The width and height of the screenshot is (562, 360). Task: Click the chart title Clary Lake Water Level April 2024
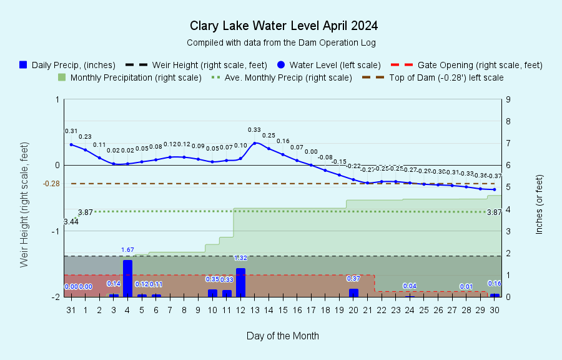[283, 26]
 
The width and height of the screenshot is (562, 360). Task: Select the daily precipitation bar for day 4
[127, 278]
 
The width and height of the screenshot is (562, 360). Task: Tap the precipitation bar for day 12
[240, 282]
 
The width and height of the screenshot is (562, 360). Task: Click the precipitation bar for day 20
[353, 292]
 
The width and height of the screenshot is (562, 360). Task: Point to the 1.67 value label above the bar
[127, 250]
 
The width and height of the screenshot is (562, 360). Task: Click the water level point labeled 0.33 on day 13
[255, 143]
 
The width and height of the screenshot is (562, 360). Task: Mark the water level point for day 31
[71, 144]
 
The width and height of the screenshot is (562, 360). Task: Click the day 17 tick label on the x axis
[297, 309]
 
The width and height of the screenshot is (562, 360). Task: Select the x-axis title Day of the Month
[282, 336]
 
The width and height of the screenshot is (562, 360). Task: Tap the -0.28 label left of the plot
[51, 184]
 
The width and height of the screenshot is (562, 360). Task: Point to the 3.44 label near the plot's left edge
[71, 222]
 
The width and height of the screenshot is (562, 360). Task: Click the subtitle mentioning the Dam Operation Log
[281, 42]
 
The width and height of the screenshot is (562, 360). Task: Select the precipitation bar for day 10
[212, 292]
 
